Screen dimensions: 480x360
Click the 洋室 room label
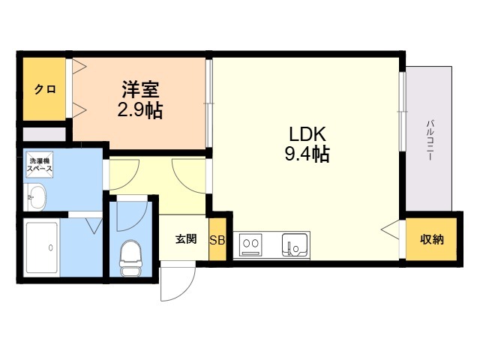click(x=140, y=89)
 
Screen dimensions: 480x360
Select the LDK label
click(x=307, y=133)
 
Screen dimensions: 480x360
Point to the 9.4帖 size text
click(x=307, y=154)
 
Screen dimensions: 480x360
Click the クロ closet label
click(x=45, y=89)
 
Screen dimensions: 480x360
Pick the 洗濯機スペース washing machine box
click(x=40, y=164)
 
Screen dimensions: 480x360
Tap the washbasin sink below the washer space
click(x=35, y=197)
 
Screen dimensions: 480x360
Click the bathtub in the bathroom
click(x=42, y=247)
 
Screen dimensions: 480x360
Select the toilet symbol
click(x=130, y=258)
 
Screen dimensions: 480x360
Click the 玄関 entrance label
click(x=186, y=238)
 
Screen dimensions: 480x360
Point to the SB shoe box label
click(x=217, y=240)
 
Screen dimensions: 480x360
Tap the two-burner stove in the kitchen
click(x=251, y=244)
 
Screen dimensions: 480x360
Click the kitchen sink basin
click(x=295, y=245)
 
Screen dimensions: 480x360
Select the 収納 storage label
click(x=432, y=239)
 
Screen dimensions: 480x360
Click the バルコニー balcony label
click(x=430, y=140)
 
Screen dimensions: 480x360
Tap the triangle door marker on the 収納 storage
click(x=390, y=229)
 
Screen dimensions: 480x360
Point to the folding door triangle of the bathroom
click(x=94, y=226)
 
